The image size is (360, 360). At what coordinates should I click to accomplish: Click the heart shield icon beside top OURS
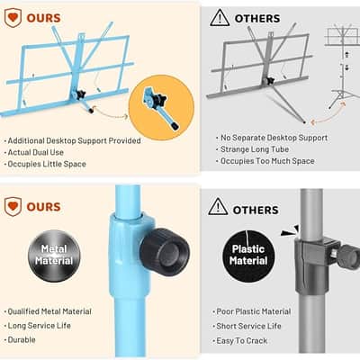tap(13, 18)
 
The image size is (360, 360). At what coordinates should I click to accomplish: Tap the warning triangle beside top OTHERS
tap(220, 18)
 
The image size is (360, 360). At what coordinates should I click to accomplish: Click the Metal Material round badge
tap(54, 256)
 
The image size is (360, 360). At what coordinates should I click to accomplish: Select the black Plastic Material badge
tap(248, 256)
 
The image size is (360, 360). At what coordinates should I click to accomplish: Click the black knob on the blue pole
tap(165, 252)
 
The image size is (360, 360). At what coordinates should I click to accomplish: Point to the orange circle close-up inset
tap(161, 107)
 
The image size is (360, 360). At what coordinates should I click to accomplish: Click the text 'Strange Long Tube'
tap(255, 149)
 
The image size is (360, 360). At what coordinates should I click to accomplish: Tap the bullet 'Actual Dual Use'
tap(35, 152)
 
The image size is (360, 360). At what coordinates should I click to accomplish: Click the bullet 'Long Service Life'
tap(39, 326)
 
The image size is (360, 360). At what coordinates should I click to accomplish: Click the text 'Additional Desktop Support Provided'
tap(74, 140)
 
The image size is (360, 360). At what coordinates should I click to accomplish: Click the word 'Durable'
tap(22, 340)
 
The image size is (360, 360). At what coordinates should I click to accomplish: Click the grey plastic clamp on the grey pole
tap(313, 265)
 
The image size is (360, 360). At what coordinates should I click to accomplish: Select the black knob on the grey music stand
tap(271, 81)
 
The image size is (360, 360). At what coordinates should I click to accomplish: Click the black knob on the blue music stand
tap(80, 94)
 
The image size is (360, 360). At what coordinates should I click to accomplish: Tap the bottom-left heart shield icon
tap(13, 207)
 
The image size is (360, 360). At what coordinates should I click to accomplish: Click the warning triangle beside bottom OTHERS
tap(218, 206)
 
